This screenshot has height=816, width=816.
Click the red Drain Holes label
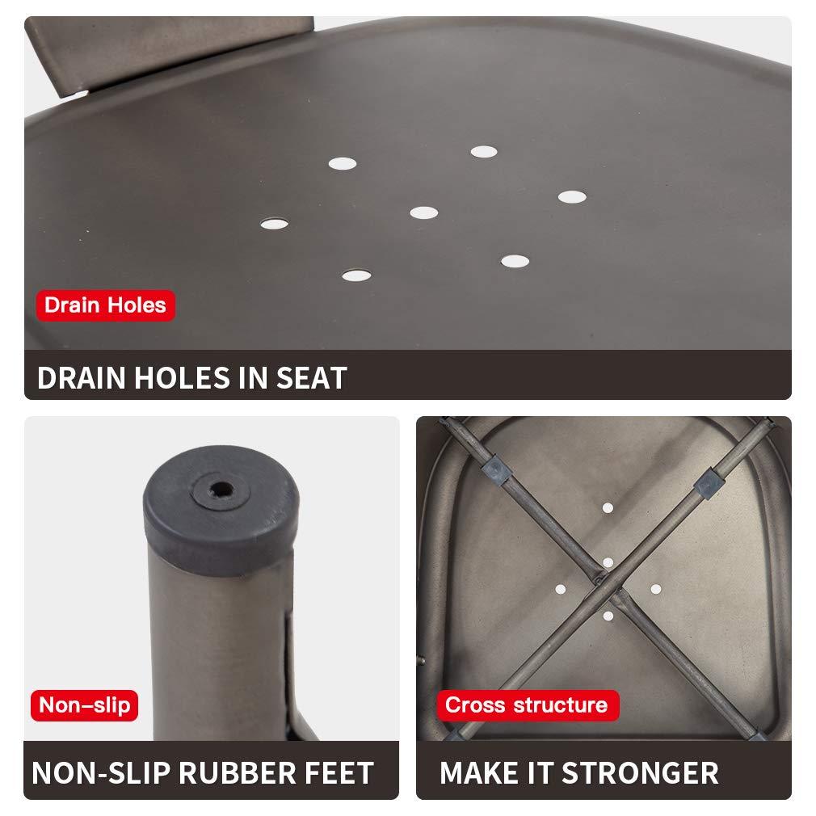(106, 305)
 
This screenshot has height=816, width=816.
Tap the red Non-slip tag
(84, 705)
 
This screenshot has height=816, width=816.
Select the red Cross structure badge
(528, 705)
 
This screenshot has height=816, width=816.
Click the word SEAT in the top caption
(311, 378)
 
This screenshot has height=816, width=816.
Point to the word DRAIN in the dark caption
(82, 378)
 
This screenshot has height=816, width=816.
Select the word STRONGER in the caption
(640, 773)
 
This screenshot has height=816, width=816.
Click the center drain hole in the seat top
(423, 212)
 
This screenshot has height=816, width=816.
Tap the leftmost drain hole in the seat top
(274, 224)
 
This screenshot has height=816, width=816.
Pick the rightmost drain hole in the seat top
(572, 196)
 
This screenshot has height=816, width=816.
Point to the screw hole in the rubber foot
(221, 490)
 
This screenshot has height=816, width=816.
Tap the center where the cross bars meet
(608, 582)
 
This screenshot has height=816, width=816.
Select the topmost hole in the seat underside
(608, 508)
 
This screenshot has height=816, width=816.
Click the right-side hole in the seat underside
(656, 589)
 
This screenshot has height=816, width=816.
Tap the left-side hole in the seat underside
(561, 590)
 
